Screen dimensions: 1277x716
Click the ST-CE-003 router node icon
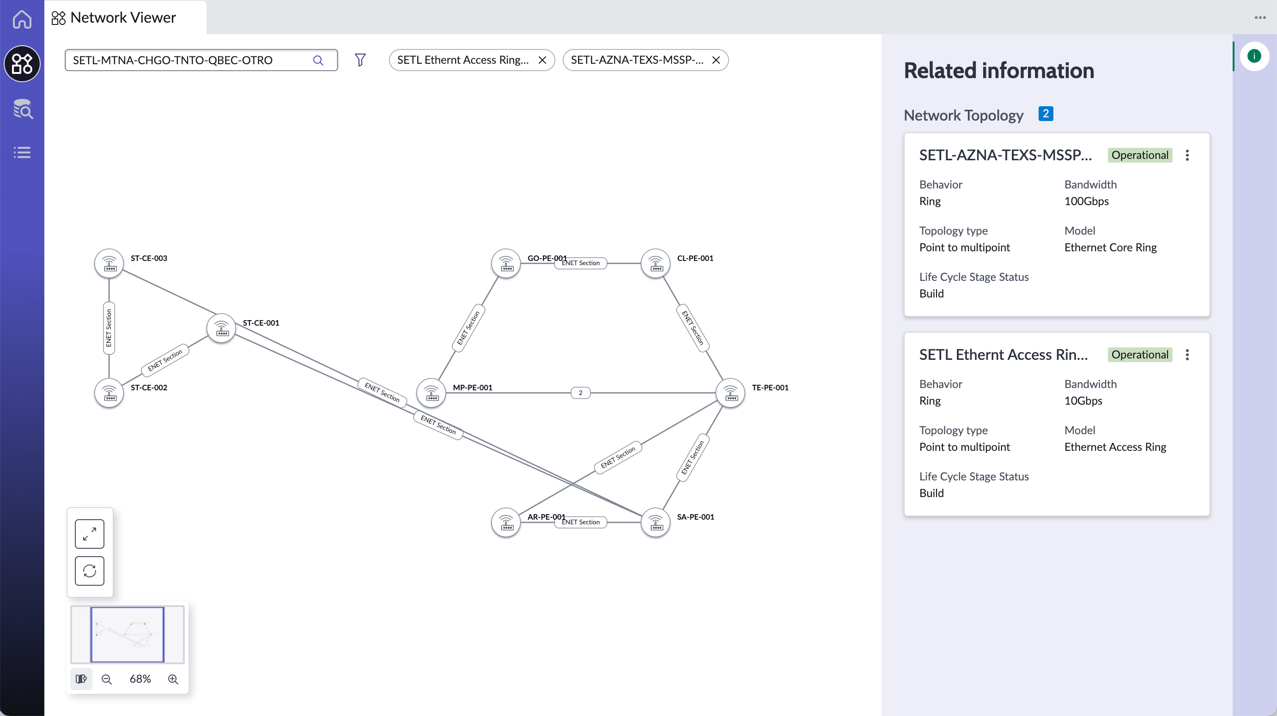pos(109,263)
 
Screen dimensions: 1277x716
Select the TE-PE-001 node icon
pos(730,393)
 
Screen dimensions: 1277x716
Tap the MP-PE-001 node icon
pos(431,393)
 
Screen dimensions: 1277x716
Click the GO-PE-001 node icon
pos(505,263)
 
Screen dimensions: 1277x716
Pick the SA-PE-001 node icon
pos(655,522)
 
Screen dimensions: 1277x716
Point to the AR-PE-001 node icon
pos(505,522)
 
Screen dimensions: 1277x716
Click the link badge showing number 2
pos(580,393)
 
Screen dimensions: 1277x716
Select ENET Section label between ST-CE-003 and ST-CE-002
pos(109,328)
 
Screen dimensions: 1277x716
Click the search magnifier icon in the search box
pos(318,61)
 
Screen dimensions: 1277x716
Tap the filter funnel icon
pos(360,60)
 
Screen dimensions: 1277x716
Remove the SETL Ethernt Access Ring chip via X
pos(542,60)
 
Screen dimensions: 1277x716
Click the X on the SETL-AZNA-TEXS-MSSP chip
pos(716,60)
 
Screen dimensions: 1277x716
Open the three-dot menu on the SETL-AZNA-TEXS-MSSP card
pos(1187,155)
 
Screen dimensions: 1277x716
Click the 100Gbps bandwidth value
pos(1087,201)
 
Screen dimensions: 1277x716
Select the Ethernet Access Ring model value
pos(1115,447)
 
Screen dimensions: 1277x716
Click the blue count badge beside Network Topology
pos(1046,114)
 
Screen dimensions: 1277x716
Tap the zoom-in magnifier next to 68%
pos(173,679)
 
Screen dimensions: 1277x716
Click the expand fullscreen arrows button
pos(90,534)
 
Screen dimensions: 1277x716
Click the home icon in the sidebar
pos(22,19)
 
